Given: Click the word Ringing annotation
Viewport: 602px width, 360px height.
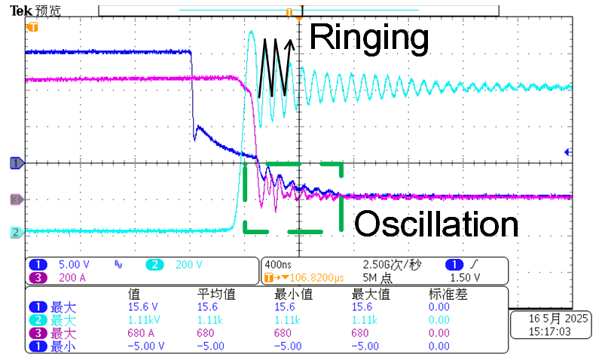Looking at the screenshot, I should pyautogui.click(x=368, y=37).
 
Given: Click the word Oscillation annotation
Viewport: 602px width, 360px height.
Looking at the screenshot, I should pyautogui.click(x=436, y=224).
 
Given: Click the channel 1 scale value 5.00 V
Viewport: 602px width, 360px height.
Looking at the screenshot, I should pyautogui.click(x=74, y=264).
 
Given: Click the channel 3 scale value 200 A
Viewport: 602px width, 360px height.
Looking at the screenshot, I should pyautogui.click(x=73, y=276).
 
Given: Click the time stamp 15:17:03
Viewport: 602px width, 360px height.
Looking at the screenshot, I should pyautogui.click(x=545, y=331).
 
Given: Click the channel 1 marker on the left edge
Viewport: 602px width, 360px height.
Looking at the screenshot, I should pyautogui.click(x=14, y=162).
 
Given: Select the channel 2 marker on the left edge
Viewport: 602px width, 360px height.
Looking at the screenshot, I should pyautogui.click(x=14, y=232).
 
